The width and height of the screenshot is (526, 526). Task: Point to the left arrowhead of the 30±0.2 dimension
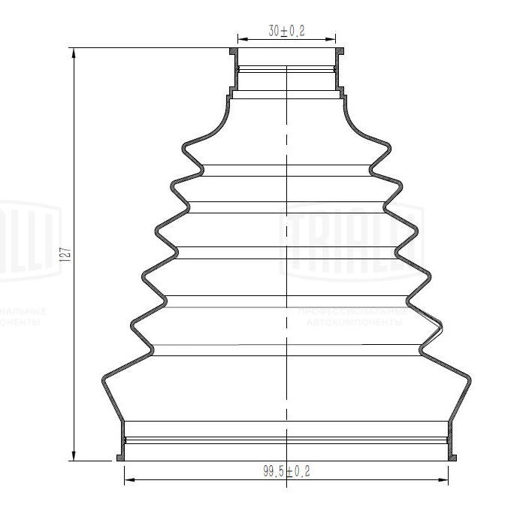(241, 38)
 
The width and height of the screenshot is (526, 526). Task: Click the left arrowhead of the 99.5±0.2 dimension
(127, 479)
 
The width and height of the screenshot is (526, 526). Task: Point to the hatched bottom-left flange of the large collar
(120, 457)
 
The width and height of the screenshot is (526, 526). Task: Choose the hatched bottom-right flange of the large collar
(453, 457)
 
